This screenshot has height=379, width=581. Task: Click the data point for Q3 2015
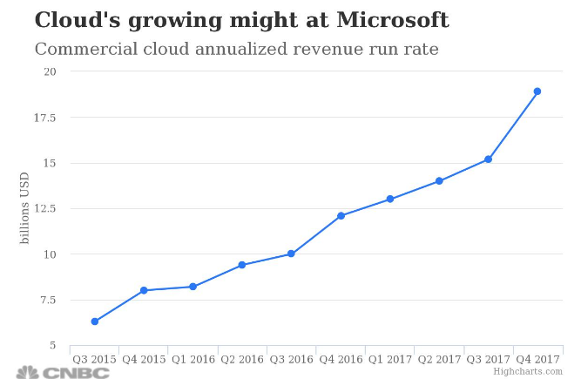click(94, 321)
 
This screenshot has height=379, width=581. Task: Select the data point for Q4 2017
click(537, 91)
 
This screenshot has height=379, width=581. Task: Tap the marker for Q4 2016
click(341, 215)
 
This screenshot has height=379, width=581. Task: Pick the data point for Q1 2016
click(193, 287)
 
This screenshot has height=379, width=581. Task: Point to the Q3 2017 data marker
click(489, 159)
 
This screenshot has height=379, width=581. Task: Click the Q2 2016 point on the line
click(242, 265)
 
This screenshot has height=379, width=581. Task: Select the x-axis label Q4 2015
click(144, 359)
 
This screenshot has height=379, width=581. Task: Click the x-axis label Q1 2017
click(389, 359)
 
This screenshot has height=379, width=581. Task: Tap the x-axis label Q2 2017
click(439, 359)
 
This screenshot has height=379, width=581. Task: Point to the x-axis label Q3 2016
click(291, 359)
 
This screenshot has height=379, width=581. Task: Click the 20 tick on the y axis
click(51, 71)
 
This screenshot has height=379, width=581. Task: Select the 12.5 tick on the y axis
click(46, 208)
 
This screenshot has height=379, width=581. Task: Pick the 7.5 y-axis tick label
click(49, 300)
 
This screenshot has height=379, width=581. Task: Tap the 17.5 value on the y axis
click(46, 117)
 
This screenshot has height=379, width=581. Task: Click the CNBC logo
click(64, 372)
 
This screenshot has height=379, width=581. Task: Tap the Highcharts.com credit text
click(528, 371)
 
